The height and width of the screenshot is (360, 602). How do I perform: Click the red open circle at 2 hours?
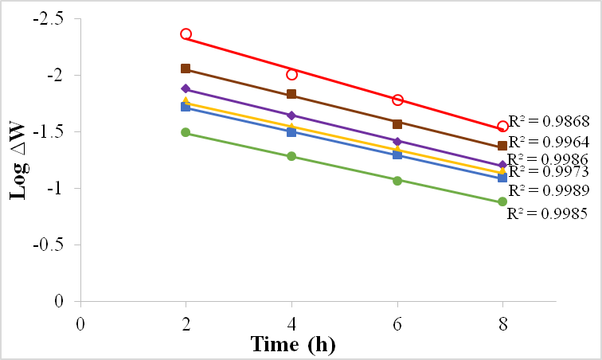pos(186,34)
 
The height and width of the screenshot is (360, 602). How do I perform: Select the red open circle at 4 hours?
pos(291,74)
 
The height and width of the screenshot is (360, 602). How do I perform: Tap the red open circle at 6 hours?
pos(397,100)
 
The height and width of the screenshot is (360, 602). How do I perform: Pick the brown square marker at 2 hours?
pos(186,68)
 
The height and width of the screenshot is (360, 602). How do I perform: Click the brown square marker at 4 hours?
pos(291,95)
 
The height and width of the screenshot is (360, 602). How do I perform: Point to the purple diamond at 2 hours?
pos(186,89)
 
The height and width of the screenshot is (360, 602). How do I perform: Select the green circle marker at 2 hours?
pos(186,132)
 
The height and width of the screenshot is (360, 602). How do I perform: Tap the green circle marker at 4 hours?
pos(291,156)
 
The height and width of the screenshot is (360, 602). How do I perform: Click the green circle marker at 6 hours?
pos(397,180)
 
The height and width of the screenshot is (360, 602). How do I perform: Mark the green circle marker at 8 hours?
pos(502,202)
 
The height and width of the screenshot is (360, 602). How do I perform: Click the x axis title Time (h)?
pos(291,345)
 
